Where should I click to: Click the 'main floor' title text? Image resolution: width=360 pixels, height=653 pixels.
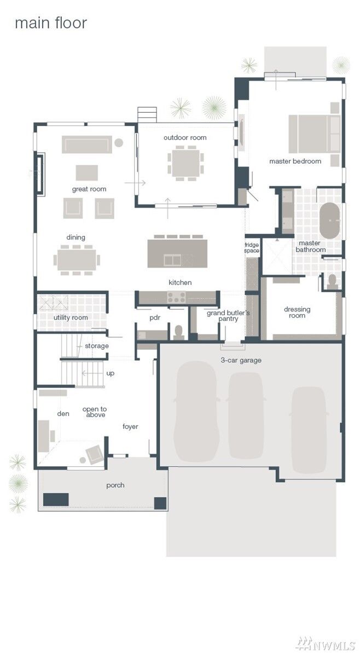click(50, 23)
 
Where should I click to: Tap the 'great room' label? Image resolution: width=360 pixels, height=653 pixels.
click(89, 189)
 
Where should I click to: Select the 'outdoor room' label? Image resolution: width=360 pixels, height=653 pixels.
click(185, 137)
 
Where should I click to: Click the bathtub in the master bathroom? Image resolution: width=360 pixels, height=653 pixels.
click(330, 221)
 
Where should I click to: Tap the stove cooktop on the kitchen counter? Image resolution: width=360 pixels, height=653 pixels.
click(177, 297)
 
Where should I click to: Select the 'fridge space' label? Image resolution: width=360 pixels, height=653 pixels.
click(252, 247)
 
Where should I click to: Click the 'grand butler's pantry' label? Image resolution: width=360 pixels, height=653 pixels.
click(228, 316)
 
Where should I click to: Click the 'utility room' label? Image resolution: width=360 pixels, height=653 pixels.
click(71, 317)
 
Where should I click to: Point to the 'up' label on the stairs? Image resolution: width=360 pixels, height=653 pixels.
click(110, 373)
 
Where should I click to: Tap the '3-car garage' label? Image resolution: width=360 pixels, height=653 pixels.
click(241, 360)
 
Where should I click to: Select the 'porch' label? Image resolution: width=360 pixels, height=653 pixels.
click(115, 485)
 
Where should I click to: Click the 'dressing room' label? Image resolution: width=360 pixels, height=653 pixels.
click(297, 313)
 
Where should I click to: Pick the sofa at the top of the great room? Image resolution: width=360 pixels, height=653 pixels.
click(86, 145)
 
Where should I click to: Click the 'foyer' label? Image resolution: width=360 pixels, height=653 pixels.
click(130, 426)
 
